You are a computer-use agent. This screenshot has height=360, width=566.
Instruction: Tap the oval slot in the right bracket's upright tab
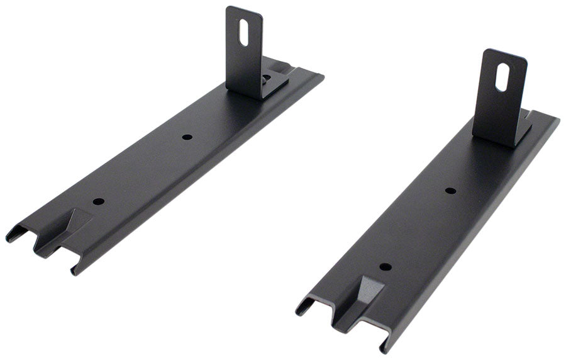tap(503, 77)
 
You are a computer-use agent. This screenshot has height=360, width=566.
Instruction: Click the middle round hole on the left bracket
tap(186, 137)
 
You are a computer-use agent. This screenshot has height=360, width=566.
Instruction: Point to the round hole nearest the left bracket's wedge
tap(98, 201)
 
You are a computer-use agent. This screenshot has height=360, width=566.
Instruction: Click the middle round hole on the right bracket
tap(450, 190)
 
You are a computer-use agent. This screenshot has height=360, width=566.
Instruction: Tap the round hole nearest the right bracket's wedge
tap(385, 267)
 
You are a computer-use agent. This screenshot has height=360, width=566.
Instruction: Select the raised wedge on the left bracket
tap(74, 225)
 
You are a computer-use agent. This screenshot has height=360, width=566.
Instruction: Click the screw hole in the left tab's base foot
tap(267, 79)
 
